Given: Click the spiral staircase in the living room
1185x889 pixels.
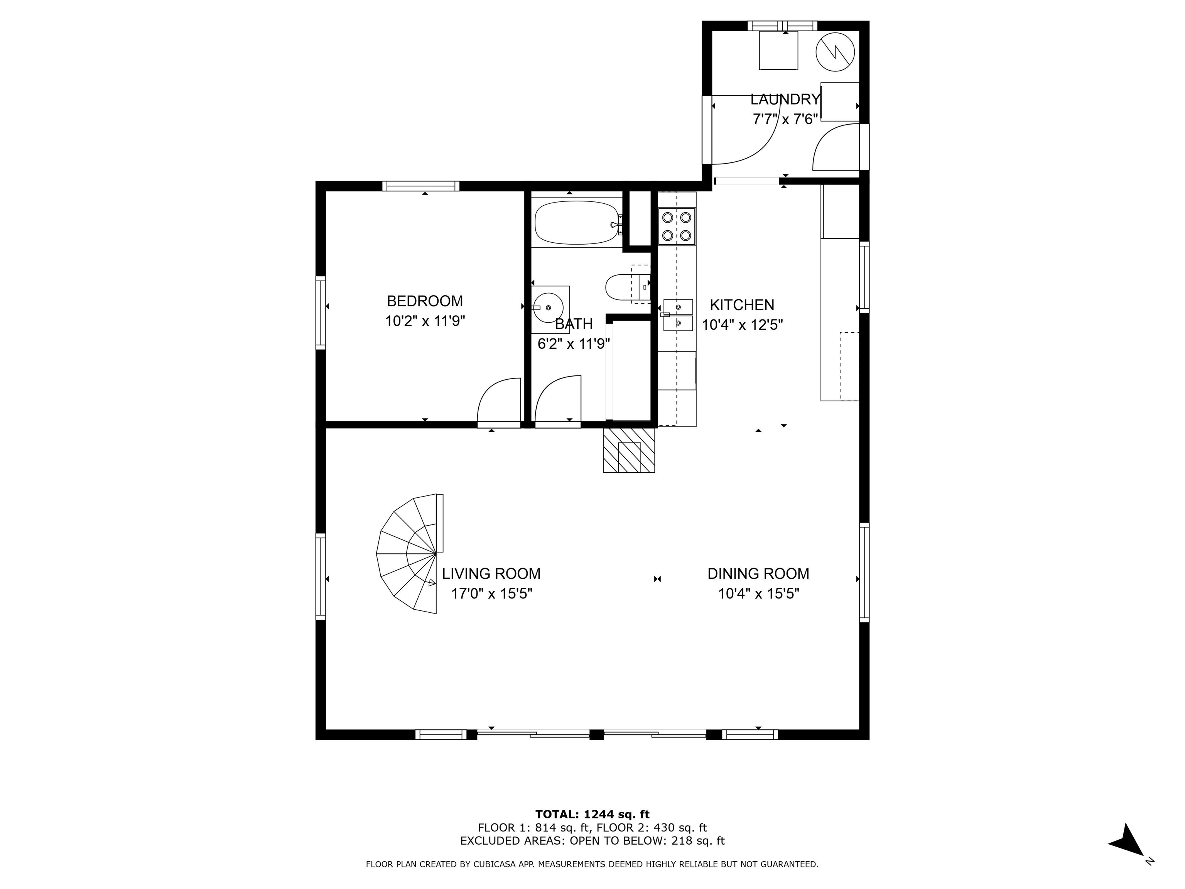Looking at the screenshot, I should tap(410, 554).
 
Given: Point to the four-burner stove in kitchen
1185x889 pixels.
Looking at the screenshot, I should tap(677, 226).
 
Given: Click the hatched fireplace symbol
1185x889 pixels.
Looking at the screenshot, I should tap(629, 450).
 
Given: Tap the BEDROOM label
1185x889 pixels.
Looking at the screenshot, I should tap(425, 301).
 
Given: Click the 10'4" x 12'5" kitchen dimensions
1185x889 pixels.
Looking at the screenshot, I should tap(743, 325).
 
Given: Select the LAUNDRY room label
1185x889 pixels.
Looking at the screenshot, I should tap(785, 99).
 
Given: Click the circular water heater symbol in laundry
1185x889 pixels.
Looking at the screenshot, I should tap(834, 51).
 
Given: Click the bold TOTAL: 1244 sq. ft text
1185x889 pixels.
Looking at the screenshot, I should tap(592, 815).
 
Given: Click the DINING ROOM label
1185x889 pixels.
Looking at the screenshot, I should tap(758, 574).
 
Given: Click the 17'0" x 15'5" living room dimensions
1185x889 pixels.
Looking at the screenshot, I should tap(491, 594).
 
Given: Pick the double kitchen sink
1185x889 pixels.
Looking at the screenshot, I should tap(678, 315).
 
